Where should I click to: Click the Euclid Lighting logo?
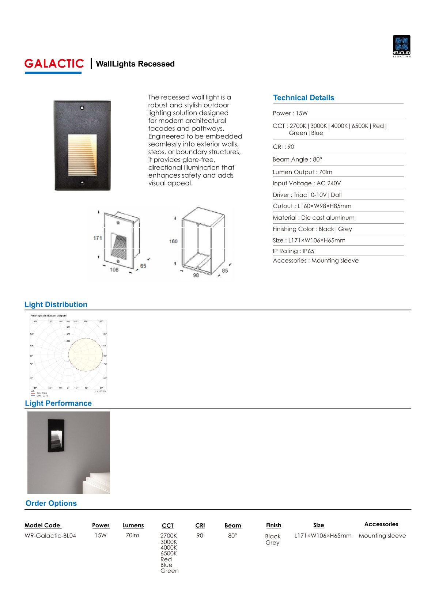401,46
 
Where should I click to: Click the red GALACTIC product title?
54,64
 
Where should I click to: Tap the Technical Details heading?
303,98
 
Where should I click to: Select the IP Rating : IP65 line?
293,251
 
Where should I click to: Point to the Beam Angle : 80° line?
297,159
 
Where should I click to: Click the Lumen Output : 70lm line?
302,172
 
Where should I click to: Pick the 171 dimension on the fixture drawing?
98,238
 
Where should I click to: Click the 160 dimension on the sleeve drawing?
173,241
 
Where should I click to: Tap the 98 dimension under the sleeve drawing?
196,275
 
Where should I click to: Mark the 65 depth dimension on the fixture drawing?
143,266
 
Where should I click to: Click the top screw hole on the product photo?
82,107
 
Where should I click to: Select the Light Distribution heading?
56,304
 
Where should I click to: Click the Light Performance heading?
58,403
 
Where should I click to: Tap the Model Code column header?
42,525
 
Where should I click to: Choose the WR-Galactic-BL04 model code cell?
50,536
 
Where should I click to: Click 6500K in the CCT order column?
169,553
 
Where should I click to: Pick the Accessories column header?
381,524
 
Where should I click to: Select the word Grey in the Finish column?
272,543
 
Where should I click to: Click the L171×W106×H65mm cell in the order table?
323,536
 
